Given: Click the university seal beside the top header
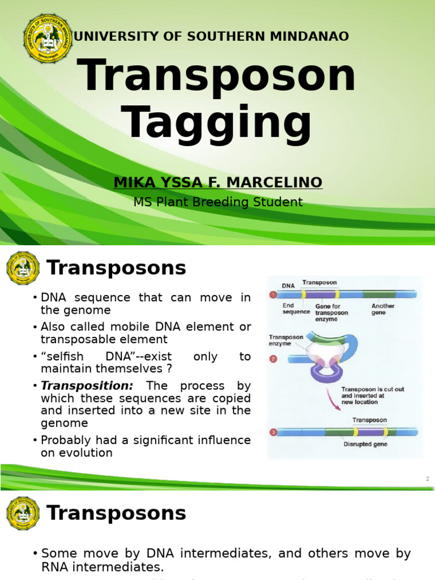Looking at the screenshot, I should (48, 38).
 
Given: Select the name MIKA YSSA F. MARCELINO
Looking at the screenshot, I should (218, 182).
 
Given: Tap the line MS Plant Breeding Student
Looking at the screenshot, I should (218, 202).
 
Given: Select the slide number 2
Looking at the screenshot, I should (428, 479).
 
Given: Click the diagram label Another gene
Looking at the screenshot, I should (383, 309).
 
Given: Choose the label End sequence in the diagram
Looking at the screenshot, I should (296, 309).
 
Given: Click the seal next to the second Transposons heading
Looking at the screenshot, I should (23, 513).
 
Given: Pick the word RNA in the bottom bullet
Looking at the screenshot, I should (56, 567).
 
